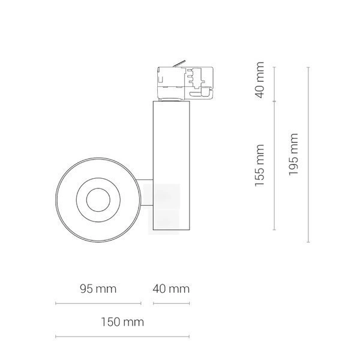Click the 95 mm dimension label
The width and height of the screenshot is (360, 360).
[x=98, y=289]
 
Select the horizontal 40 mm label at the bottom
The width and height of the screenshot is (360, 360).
[x=171, y=289]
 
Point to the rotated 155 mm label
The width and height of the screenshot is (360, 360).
[x=260, y=166]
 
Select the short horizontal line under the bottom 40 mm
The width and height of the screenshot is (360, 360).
[x=171, y=303]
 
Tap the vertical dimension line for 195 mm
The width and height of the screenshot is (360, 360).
[x=308, y=155]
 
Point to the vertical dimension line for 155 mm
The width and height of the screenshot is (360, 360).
[x=275, y=166]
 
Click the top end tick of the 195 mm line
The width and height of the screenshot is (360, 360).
[x=308, y=68]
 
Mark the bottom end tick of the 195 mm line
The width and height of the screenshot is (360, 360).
[x=308, y=242]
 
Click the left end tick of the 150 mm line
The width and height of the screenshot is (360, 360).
[x=56, y=335]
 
